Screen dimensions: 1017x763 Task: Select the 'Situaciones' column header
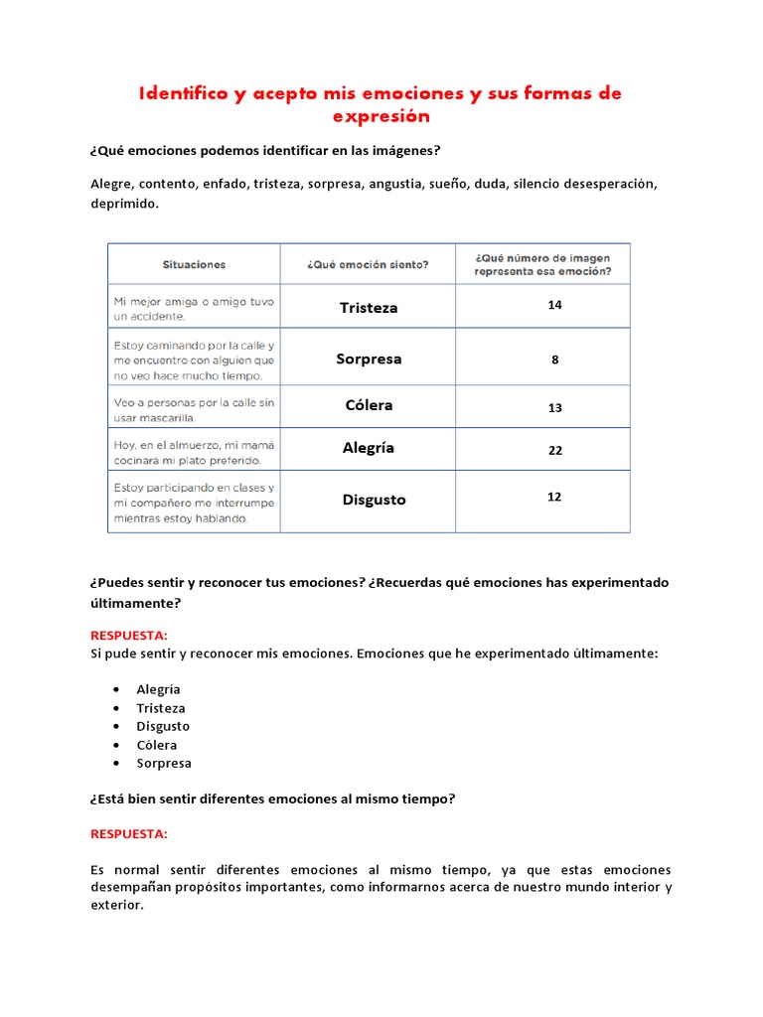[x=194, y=264]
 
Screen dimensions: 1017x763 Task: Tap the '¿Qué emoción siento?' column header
[x=368, y=264]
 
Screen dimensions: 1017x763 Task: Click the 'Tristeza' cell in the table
[x=368, y=308]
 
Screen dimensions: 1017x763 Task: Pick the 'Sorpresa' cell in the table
[x=368, y=359]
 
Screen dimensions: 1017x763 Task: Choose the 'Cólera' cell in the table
[x=368, y=405]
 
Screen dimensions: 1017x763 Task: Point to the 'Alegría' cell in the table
[x=368, y=448]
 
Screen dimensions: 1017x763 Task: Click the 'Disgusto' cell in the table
[x=374, y=500]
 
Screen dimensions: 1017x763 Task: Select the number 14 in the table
[x=554, y=305]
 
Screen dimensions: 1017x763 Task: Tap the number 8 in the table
[x=554, y=360]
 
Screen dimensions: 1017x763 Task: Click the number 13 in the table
[x=554, y=408]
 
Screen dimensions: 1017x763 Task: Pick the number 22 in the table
[x=554, y=450]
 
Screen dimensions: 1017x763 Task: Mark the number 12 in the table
[x=554, y=497]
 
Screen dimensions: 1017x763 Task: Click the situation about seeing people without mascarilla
[x=194, y=410]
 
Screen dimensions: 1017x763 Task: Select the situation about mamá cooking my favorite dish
[x=194, y=452]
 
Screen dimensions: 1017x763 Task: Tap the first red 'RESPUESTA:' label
[x=129, y=635]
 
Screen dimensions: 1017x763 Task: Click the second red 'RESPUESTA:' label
[x=129, y=833]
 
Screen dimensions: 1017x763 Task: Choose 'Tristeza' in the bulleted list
[x=161, y=708]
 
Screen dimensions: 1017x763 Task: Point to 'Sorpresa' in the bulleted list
[x=164, y=763]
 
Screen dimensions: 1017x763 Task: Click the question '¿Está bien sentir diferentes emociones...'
[x=272, y=799]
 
